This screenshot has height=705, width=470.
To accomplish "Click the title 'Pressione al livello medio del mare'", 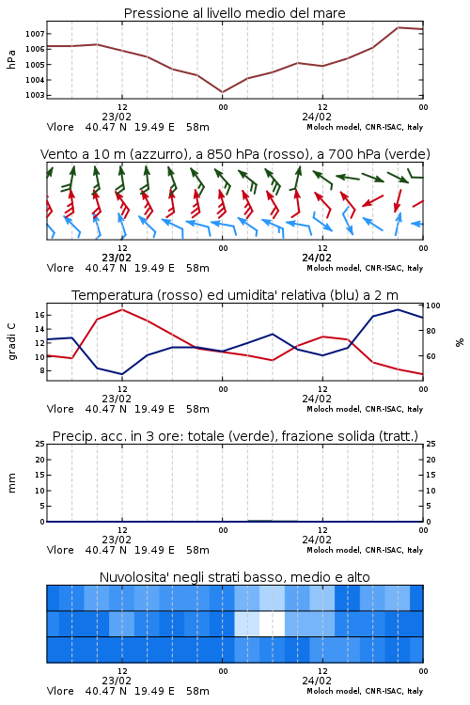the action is pyautogui.click(x=234, y=13).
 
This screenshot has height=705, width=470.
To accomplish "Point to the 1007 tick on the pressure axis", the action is pyautogui.click(x=35, y=34).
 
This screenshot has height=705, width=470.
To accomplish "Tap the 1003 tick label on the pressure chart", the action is pyautogui.click(x=35, y=95).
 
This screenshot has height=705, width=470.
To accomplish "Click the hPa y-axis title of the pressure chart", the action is pyautogui.click(x=11, y=59).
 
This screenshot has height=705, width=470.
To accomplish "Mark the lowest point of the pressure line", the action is pyautogui.click(x=222, y=92).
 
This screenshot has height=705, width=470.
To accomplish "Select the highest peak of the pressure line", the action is pyautogui.click(x=398, y=27).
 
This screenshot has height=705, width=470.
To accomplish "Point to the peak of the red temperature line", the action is pyautogui.click(x=122, y=309).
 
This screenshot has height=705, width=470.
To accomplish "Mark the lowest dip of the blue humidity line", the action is pyautogui.click(x=122, y=374).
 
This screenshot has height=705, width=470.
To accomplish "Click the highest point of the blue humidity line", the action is pyautogui.click(x=398, y=309).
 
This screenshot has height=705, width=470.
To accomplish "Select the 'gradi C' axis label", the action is pyautogui.click(x=11, y=342).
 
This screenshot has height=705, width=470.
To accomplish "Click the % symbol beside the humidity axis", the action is pyautogui.click(x=460, y=342).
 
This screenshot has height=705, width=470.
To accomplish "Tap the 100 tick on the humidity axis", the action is pyautogui.click(x=433, y=305).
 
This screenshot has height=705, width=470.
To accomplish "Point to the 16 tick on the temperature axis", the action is pyautogui.click(x=39, y=315).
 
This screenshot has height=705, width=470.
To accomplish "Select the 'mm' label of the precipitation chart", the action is pyautogui.click(x=11, y=483).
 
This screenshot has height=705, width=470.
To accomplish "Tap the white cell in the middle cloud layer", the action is pyautogui.click(x=272, y=623).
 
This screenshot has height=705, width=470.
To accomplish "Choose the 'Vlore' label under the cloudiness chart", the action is pyautogui.click(x=60, y=691).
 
